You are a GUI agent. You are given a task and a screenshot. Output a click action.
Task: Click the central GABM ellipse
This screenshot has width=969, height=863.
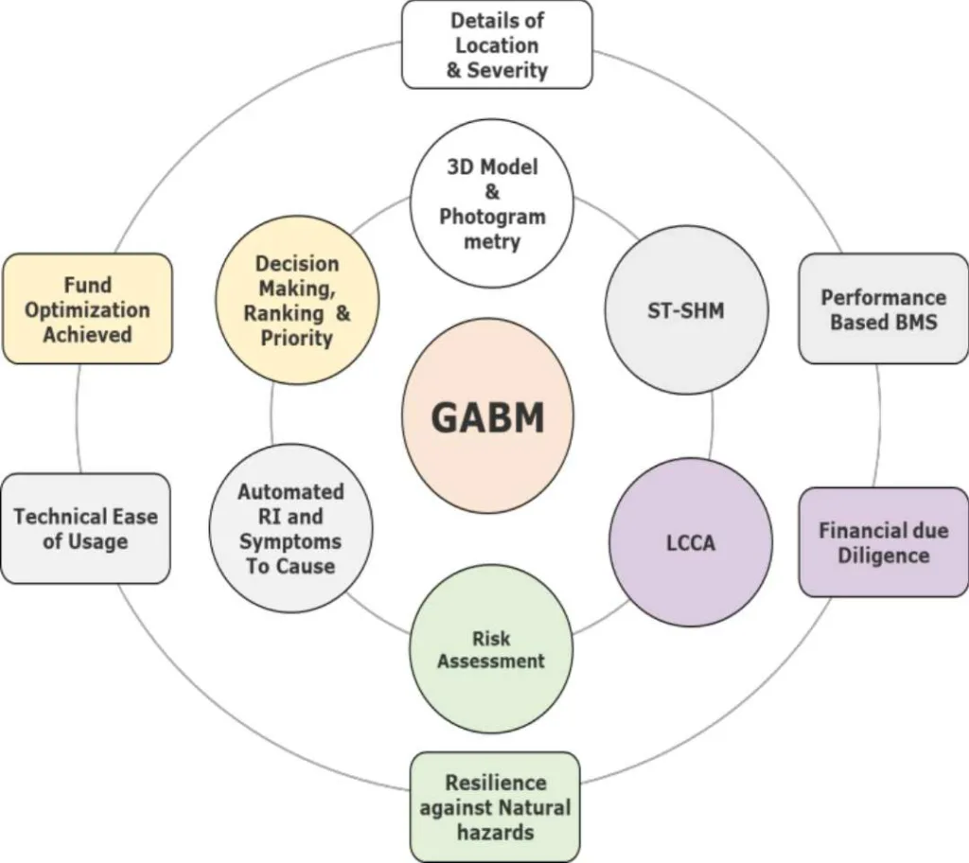point(488,417)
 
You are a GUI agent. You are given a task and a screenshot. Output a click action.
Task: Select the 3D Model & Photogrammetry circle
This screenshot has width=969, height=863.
point(492,203)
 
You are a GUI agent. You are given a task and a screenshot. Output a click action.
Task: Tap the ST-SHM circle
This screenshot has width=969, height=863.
point(685,309)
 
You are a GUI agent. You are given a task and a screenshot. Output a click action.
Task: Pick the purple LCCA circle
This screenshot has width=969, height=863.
point(690,543)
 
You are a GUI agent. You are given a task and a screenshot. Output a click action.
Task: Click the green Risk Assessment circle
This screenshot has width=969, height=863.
point(491,649)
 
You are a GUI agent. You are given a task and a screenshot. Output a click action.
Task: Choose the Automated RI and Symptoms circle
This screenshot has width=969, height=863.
point(291,529)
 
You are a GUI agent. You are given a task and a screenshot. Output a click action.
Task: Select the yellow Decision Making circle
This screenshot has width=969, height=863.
point(297,300)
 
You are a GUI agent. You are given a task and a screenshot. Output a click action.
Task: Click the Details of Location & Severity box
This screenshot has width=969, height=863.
point(497,44)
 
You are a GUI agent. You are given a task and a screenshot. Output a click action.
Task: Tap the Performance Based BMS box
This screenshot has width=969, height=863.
point(883,308)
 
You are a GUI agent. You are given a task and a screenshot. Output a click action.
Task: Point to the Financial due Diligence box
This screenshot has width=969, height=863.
point(883,542)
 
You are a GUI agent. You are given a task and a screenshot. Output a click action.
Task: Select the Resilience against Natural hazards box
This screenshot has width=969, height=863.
point(495,807)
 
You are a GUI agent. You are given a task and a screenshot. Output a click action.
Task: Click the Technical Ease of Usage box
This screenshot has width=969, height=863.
point(85,529)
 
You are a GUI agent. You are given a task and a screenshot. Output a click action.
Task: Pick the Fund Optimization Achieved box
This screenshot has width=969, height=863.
point(87,309)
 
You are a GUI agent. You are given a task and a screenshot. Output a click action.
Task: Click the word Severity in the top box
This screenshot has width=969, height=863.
point(511,70)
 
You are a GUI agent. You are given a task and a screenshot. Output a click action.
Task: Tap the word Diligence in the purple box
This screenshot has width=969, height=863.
point(883,555)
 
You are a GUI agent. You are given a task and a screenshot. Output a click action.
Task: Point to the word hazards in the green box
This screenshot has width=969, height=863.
point(495,833)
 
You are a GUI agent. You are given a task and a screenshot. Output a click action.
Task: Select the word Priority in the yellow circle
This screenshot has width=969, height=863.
point(296,338)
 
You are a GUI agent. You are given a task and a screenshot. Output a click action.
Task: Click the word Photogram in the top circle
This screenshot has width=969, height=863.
point(492,217)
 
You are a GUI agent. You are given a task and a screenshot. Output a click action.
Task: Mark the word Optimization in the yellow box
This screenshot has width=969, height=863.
point(87,309)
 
